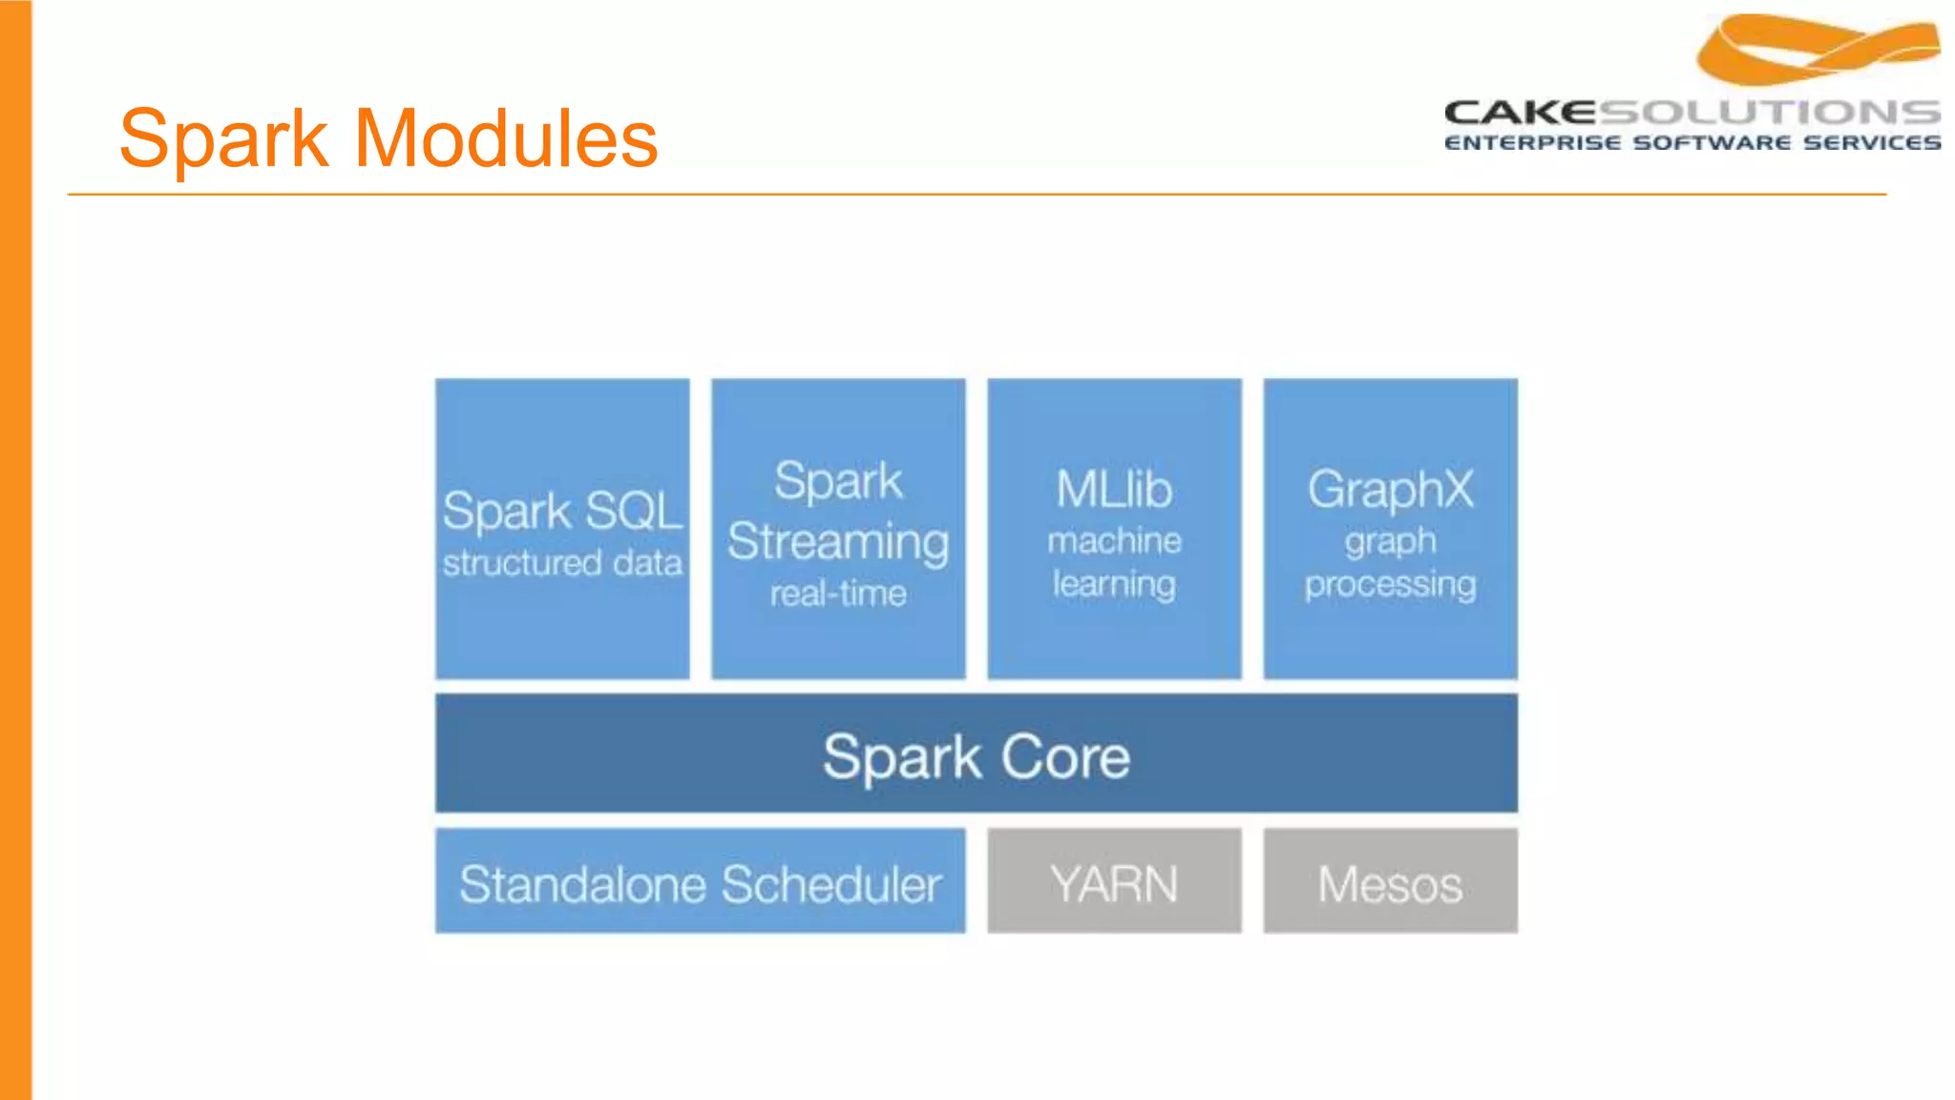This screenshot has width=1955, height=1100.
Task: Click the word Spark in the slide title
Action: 223,139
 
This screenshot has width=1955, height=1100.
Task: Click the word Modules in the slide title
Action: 506,139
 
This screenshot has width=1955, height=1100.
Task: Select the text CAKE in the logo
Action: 1520,113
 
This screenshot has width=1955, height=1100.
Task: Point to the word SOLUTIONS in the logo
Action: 1769,113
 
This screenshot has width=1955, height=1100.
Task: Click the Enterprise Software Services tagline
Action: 1692,143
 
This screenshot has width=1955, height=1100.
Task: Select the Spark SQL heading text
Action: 562,511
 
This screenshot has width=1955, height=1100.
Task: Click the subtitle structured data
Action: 562,563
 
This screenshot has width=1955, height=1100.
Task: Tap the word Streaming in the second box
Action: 837,541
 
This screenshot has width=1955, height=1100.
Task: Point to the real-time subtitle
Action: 837,594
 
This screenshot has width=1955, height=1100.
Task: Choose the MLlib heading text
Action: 1114,490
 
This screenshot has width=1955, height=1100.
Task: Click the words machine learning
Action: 1114,562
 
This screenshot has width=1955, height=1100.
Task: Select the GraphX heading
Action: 1390,490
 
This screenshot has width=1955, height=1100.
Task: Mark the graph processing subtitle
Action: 1390,562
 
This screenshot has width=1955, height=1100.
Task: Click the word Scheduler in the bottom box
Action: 830,884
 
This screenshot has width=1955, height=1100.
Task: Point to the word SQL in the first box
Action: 633,511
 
